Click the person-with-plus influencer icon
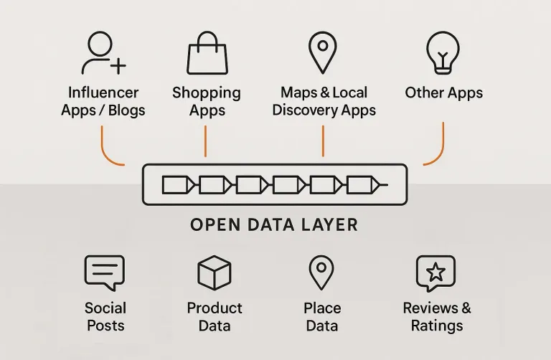click(102, 54)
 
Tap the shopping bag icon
click(207, 54)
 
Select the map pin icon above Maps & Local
click(323, 52)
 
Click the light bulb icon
click(443, 52)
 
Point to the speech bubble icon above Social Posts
click(105, 274)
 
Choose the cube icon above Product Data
click(214, 273)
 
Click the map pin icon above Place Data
click(321, 273)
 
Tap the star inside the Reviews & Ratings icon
click(436, 272)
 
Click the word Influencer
click(103, 93)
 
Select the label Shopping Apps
click(207, 101)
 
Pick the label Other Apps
click(443, 93)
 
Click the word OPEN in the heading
click(213, 224)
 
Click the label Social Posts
click(105, 316)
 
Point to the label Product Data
click(215, 316)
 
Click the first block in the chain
click(177, 185)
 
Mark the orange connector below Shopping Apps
click(206, 141)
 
